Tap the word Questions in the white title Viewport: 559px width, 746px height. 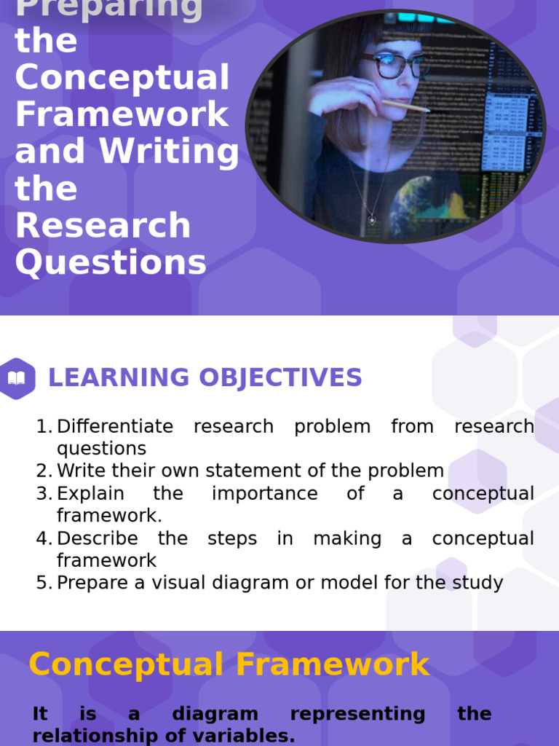tap(111, 262)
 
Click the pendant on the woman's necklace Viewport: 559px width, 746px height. tap(372, 219)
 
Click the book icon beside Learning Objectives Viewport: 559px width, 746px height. tap(16, 378)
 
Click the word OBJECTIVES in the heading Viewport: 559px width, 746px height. tap(279, 378)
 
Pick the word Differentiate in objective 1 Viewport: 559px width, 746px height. tap(115, 426)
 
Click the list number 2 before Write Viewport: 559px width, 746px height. tap(43, 471)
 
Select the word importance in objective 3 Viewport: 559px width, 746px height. tap(264, 493)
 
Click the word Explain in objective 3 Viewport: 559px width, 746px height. tap(90, 493)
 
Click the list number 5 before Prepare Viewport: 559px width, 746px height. tap(43, 583)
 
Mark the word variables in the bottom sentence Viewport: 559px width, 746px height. tap(246, 737)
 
